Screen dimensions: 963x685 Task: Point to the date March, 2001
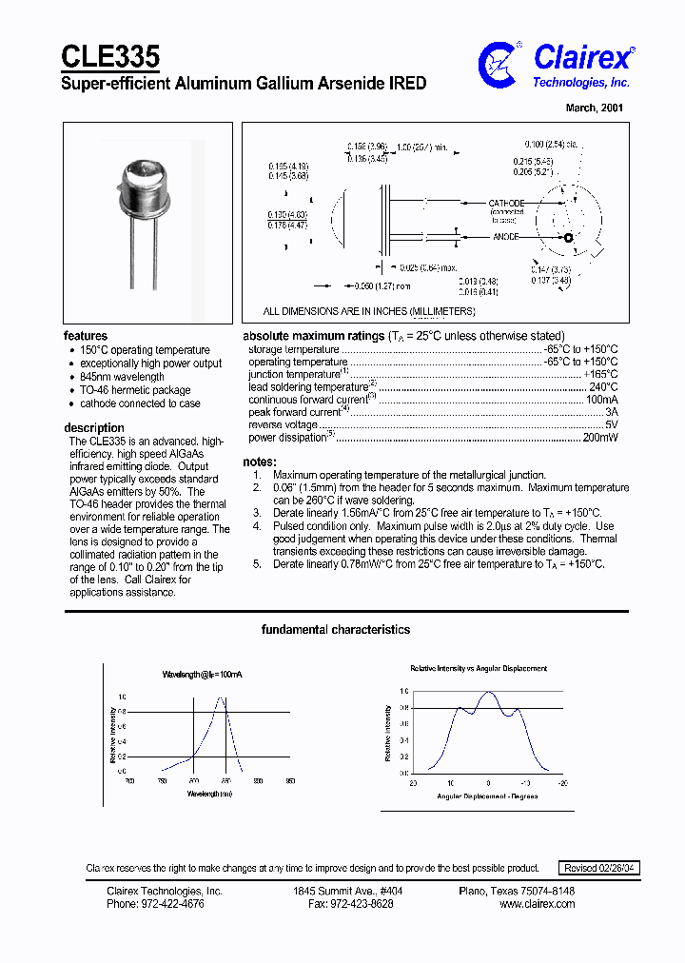point(596,108)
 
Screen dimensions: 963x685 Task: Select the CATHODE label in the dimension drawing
point(505,204)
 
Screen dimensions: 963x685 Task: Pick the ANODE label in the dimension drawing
point(505,237)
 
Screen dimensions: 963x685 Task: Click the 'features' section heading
point(86,336)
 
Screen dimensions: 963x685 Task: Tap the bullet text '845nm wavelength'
point(122,377)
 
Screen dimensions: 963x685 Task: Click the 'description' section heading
point(94,428)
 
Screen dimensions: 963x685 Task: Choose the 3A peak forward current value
point(610,412)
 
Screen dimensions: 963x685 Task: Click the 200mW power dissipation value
point(599,437)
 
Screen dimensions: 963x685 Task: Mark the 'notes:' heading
point(260,462)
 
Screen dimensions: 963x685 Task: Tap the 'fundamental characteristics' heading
point(336,630)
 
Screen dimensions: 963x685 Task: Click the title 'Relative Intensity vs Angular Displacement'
point(479,669)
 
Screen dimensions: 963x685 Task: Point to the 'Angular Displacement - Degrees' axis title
point(487,796)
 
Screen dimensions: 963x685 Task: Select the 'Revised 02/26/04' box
point(600,868)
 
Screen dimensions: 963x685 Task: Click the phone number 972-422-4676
point(155,904)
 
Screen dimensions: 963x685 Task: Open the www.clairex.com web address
point(537,904)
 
